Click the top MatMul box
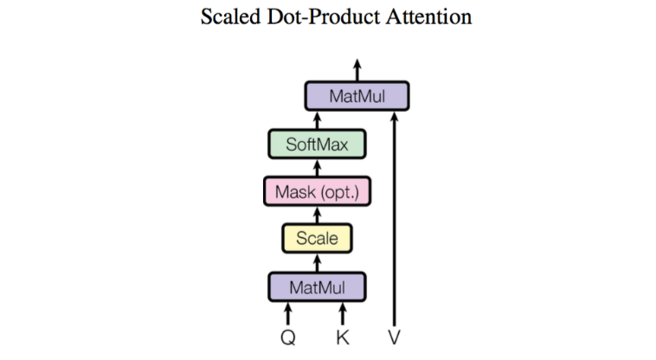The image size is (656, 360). pyautogui.click(x=357, y=96)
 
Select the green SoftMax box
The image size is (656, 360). pyautogui.click(x=317, y=144)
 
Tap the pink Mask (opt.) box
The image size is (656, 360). pyautogui.click(x=317, y=191)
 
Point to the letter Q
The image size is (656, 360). pyautogui.click(x=288, y=337)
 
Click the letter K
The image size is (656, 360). pyautogui.click(x=343, y=337)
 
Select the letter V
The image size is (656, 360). pyautogui.click(x=395, y=337)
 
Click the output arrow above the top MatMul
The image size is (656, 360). pyautogui.click(x=357, y=69)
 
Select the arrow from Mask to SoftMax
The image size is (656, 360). pyautogui.click(x=317, y=167)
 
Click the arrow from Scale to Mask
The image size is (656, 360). pyautogui.click(x=317, y=215)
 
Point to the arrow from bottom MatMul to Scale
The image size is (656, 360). pyautogui.click(x=317, y=261)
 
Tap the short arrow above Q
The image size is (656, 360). pyautogui.click(x=288, y=313)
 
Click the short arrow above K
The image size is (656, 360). pyautogui.click(x=343, y=313)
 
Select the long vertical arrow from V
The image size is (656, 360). pyautogui.click(x=395, y=216)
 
